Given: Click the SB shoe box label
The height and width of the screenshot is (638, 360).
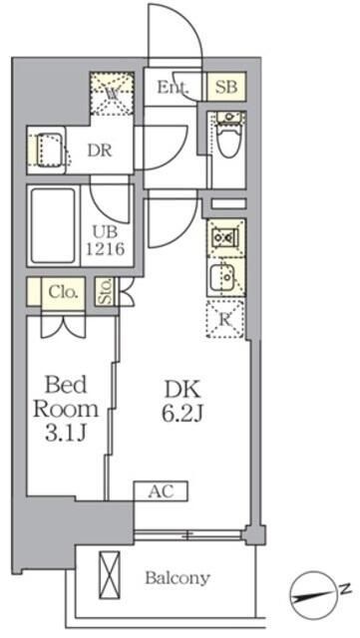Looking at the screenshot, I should (224, 87).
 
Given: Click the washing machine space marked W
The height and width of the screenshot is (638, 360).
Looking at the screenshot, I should (112, 95).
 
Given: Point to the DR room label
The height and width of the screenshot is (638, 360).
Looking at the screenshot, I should (97, 153).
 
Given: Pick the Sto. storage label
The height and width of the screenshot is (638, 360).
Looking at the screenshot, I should (106, 292).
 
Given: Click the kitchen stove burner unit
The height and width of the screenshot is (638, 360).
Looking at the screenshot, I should (223, 238).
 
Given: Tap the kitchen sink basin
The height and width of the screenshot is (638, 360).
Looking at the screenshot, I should (222, 275).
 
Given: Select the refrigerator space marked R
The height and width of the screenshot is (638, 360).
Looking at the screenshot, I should (223, 319).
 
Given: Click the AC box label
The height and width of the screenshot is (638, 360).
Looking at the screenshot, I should (159, 490).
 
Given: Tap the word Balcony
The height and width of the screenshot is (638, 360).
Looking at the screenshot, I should (177, 577).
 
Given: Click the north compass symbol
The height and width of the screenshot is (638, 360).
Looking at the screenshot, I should (319, 591).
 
